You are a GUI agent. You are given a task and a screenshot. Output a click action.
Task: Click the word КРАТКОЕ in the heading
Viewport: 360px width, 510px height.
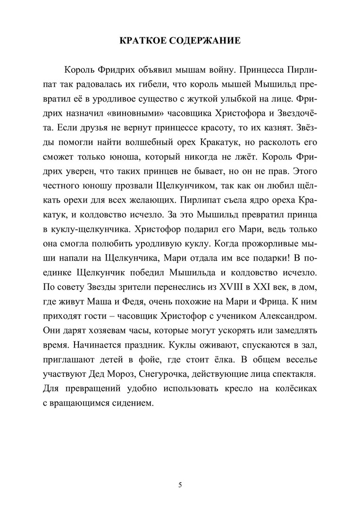[x=143, y=41]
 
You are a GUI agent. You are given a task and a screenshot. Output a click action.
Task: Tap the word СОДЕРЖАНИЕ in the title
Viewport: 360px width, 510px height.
[x=207, y=41]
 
